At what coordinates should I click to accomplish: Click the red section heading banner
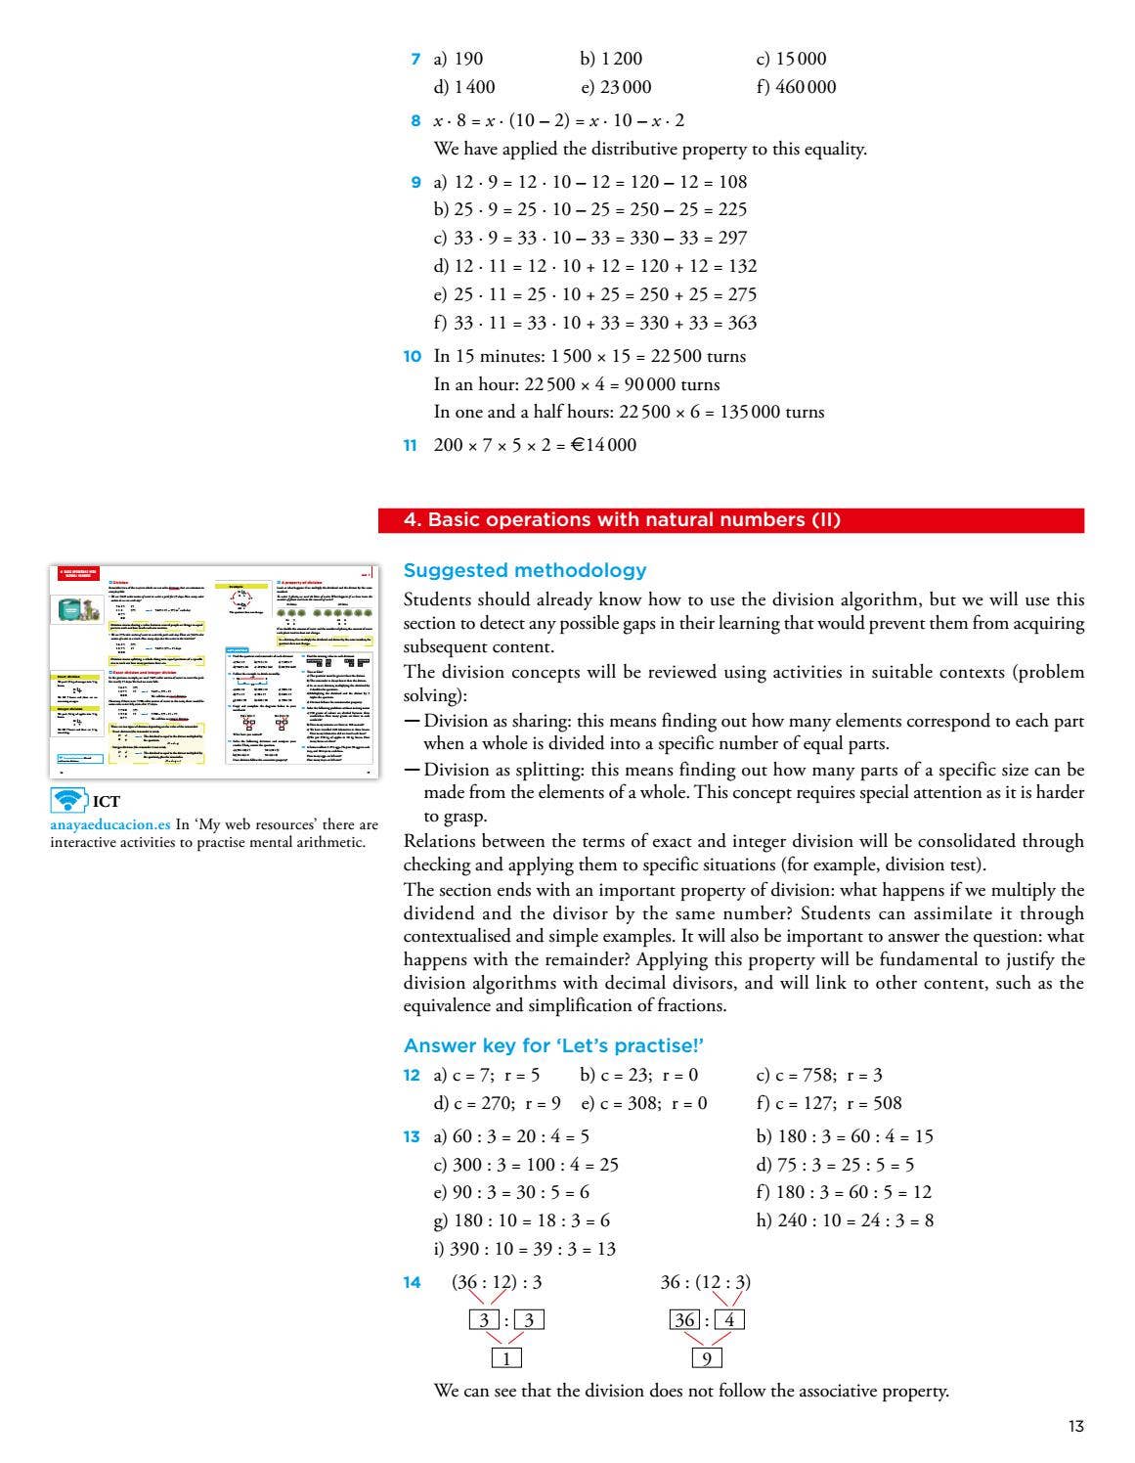point(730,520)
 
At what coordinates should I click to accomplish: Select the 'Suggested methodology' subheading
point(525,570)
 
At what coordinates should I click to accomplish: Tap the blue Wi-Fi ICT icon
point(68,800)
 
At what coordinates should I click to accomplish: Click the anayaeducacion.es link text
point(110,824)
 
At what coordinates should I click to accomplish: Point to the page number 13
point(1075,1426)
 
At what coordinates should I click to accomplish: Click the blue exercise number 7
point(415,60)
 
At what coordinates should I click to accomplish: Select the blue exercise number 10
point(412,357)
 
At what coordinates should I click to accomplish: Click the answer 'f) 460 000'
point(796,87)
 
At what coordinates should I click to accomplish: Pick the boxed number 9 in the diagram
point(706,1357)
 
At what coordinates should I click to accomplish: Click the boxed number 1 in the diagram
point(505,1357)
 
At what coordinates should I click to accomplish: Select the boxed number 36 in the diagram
point(684,1319)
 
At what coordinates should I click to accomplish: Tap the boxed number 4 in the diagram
point(728,1319)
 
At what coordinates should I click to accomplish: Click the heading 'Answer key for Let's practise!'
point(553,1045)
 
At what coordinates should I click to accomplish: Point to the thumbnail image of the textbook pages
point(213,672)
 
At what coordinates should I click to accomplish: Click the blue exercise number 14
point(412,1283)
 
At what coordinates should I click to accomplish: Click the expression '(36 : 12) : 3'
point(496,1282)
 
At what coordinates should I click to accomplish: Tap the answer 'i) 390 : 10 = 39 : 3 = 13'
point(524,1249)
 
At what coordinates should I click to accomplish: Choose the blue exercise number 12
point(412,1076)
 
